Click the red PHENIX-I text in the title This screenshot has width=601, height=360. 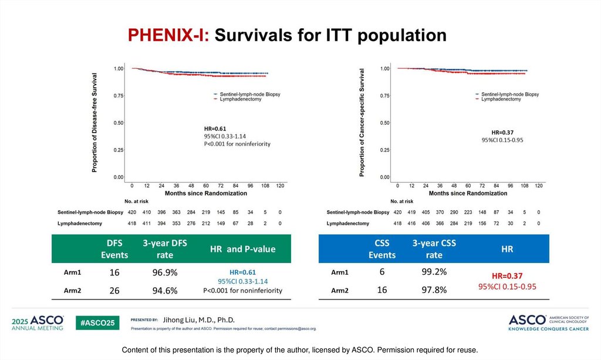pos(169,35)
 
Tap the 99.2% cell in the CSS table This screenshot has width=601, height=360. pos(434,272)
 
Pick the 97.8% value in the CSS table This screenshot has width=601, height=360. pos(434,290)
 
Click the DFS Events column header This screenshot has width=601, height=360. pos(114,249)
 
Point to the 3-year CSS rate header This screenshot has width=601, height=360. pos(434,249)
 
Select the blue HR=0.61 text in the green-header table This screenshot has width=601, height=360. pos(242,272)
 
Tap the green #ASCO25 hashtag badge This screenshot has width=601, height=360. pos(99,321)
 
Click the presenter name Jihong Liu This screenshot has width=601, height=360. pos(198,319)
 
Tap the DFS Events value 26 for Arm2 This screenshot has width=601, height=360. pos(114,290)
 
